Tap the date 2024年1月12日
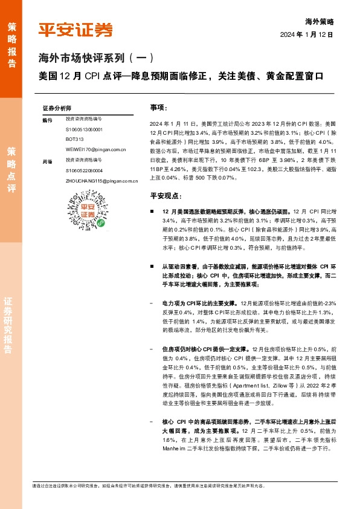point(306,35)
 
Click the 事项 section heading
point(158,107)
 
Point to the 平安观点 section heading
point(166,195)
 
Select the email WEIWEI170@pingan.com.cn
point(95,149)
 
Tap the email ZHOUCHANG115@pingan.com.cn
point(102,181)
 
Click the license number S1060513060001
point(84,129)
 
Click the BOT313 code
point(74,139)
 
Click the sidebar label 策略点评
point(11,170)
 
